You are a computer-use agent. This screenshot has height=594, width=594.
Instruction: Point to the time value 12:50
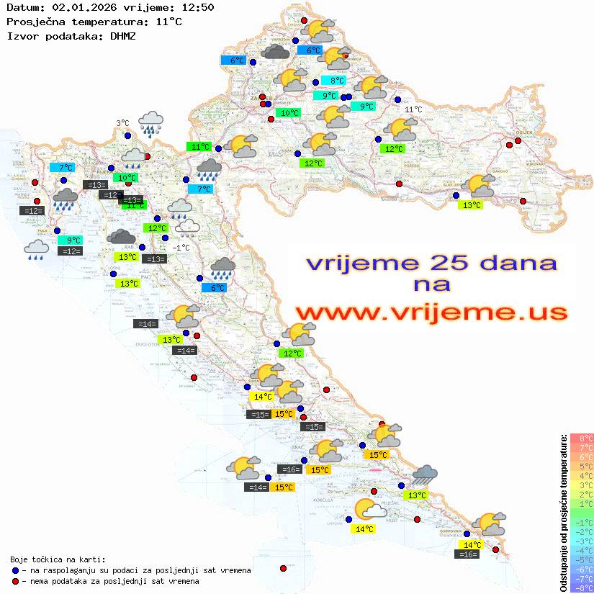(197, 8)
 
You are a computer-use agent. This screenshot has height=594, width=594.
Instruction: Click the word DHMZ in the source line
(122, 35)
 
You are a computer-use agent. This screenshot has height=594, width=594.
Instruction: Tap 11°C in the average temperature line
(168, 22)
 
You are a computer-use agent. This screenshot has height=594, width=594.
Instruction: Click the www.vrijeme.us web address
(431, 312)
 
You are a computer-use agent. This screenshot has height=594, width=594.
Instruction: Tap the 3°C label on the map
(122, 124)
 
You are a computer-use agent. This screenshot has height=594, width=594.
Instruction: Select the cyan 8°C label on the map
(337, 81)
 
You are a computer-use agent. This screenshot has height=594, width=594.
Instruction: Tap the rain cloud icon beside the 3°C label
(150, 122)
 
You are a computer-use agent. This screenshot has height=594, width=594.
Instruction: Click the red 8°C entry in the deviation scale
(582, 438)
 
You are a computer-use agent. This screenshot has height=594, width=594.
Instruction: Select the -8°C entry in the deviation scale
(582, 588)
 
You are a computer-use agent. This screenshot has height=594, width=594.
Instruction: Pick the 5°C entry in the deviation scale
(582, 467)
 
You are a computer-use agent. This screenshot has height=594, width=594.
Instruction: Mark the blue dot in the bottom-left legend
(16, 570)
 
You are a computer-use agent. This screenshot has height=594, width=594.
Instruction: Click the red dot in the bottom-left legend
(16, 581)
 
